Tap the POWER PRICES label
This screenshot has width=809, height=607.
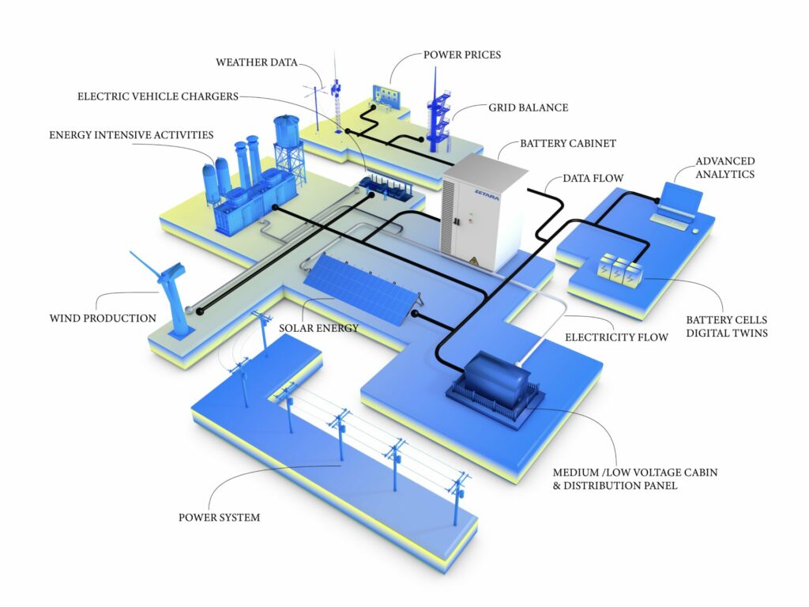462,55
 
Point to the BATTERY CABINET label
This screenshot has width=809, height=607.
567,144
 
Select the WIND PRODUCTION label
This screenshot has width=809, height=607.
103,319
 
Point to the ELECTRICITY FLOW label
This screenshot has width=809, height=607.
616,337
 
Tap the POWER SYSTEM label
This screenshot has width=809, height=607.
219,518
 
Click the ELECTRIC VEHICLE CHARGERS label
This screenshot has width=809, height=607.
158,96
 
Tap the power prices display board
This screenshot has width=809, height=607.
387,96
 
